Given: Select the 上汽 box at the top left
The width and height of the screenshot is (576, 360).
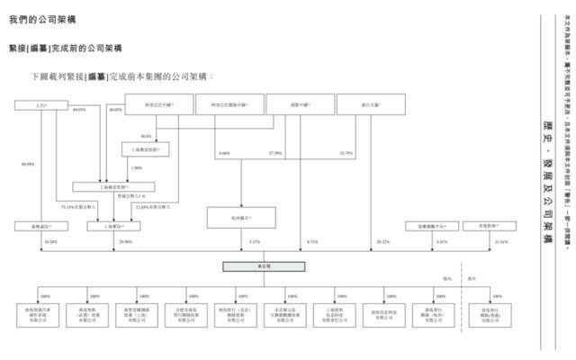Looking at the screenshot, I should coord(39,107).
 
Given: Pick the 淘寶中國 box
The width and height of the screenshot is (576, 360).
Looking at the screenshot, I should coord(288,107).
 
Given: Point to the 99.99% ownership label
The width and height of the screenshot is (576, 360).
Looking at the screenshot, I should coord(28,165).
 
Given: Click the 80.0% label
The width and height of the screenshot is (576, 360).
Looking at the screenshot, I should coord(145,136).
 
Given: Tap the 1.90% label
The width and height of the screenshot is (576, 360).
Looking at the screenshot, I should coord(137,168).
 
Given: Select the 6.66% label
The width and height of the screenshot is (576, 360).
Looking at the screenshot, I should coord(225,153).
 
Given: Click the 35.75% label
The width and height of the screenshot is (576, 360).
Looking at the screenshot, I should coord(346,153).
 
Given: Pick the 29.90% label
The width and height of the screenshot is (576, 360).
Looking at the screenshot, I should coord(100,242).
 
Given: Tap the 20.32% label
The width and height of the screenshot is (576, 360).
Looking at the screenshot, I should coord(384,242).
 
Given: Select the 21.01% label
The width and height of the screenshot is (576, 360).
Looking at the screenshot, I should coord(476,242).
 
